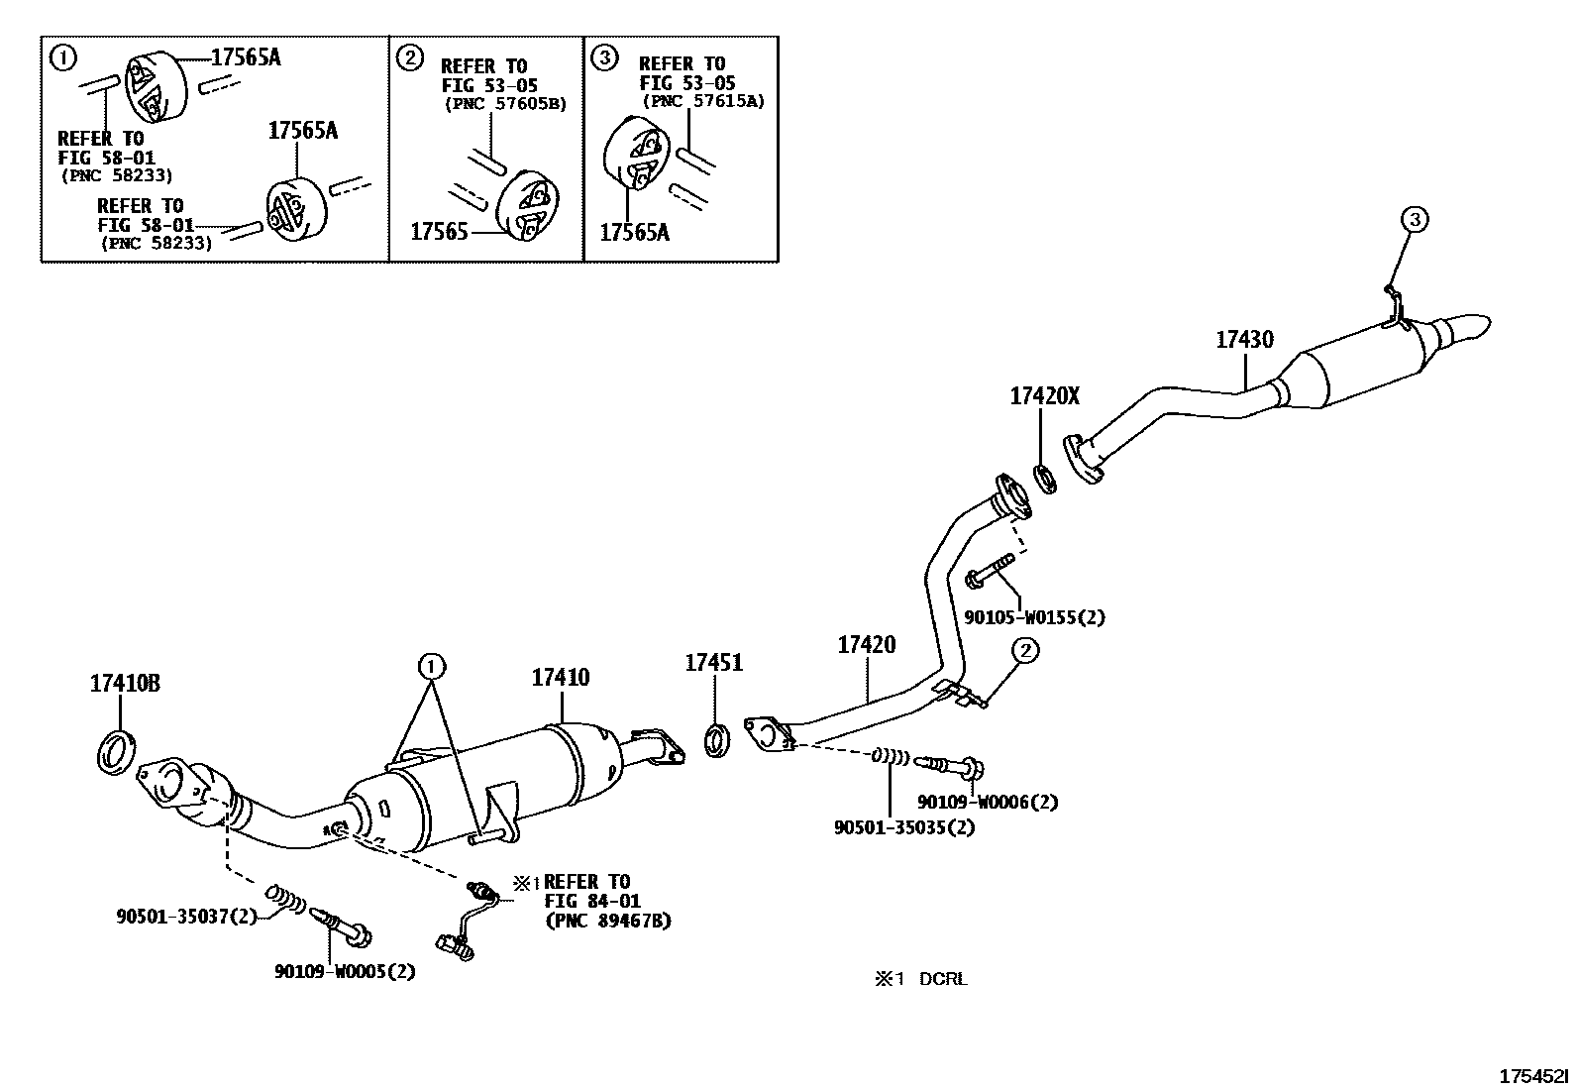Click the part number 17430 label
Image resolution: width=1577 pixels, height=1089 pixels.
[1244, 340]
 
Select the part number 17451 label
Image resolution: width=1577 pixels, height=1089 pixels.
[713, 662]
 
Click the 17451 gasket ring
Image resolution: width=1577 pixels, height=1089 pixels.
[717, 741]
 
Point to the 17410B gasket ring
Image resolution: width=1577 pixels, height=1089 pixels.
[117, 750]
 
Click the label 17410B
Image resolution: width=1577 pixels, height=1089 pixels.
[125, 683]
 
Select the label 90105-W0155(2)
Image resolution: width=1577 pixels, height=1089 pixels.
[1034, 616]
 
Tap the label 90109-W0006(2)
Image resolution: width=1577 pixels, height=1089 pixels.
[987, 802]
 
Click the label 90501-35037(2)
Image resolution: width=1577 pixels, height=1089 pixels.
[186, 918]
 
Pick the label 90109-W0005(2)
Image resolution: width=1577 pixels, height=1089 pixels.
[345, 971]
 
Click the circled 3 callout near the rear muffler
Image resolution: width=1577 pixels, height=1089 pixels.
[1414, 219]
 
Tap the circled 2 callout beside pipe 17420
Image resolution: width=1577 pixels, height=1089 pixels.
[1025, 650]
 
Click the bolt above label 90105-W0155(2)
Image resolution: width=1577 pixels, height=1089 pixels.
[989, 573]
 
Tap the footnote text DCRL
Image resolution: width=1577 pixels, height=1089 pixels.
[942, 979]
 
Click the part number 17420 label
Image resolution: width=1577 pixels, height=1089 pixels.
[866, 645]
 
